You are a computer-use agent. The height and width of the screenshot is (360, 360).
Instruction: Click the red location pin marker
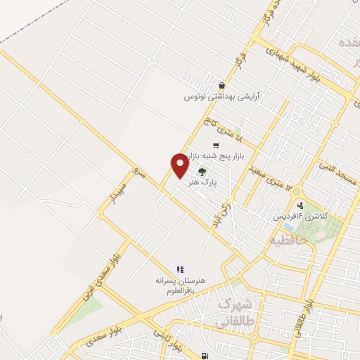179,165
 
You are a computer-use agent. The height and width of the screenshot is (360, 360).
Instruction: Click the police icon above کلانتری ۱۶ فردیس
301,206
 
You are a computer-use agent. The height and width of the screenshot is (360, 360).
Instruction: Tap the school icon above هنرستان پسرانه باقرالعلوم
180,269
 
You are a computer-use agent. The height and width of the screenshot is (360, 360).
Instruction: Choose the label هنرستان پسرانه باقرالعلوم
181,285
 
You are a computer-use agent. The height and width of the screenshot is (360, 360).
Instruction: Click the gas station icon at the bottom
205,356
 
